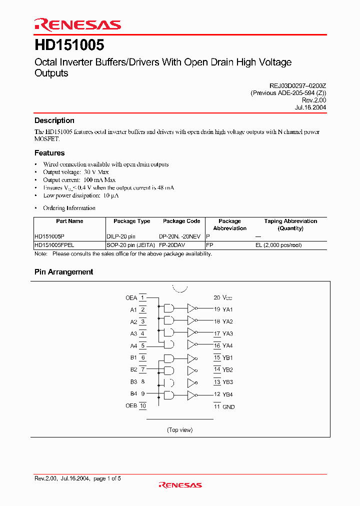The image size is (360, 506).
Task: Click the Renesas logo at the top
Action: pyautogui.click(x=77, y=24)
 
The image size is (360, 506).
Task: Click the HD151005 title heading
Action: pyautogui.click(x=69, y=45)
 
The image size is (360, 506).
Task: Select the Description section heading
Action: pyautogui.click(x=54, y=120)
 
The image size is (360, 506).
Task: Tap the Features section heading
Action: pyautogui.click(x=49, y=153)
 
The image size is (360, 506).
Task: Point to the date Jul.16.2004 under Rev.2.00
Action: pyautogui.click(x=311, y=107)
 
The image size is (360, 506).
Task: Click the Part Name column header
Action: pyautogui.click(x=69, y=221)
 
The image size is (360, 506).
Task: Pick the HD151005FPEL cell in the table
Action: pyautogui.click(x=54, y=245)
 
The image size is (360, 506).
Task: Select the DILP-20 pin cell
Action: pyautogui.click(x=121, y=236)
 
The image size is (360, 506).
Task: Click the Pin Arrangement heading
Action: pyautogui.click(x=63, y=272)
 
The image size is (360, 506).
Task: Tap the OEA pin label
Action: pyautogui.click(x=131, y=298)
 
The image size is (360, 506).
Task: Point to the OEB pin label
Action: pyautogui.click(x=131, y=406)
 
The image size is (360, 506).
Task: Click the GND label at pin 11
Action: pyautogui.click(x=228, y=407)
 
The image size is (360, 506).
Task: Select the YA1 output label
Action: pyautogui.click(x=227, y=310)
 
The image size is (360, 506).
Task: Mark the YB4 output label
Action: pyautogui.click(x=227, y=394)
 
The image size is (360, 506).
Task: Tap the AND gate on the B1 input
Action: pyautogui.click(x=169, y=358)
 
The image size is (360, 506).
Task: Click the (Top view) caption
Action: pyautogui.click(x=179, y=430)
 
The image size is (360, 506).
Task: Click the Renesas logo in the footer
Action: pyautogui.click(x=180, y=484)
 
